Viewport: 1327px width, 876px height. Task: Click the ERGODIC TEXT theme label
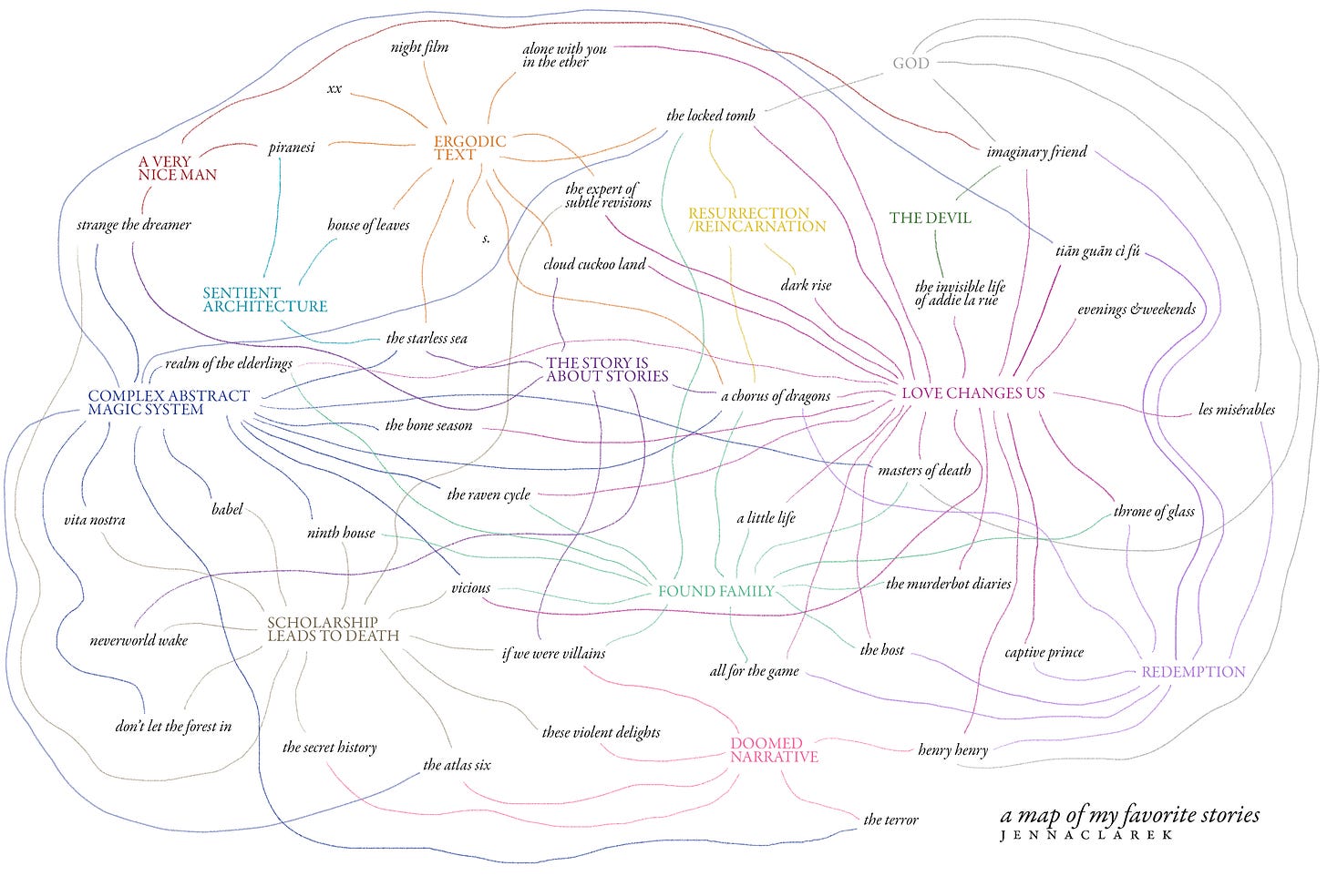pyautogui.click(x=469, y=148)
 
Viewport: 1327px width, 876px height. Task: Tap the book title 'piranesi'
pyautogui.click(x=292, y=148)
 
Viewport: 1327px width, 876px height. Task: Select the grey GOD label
pyautogui.click(x=910, y=63)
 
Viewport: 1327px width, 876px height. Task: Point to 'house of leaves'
pyautogui.click(x=368, y=225)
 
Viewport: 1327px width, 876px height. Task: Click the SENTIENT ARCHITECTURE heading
pyautogui.click(x=264, y=300)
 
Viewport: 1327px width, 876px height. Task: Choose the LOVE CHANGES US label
pyautogui.click(x=972, y=393)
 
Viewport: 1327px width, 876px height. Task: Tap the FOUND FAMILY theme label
pyautogui.click(x=715, y=591)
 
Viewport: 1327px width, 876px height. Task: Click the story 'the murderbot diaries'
pyautogui.click(x=948, y=584)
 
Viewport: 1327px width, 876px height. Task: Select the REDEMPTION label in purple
pyautogui.click(x=1192, y=672)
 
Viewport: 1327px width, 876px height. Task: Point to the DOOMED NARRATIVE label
pyautogui.click(x=774, y=750)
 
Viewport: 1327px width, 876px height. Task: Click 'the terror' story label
pyautogui.click(x=890, y=820)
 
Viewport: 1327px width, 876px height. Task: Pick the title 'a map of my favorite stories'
pyautogui.click(x=1129, y=814)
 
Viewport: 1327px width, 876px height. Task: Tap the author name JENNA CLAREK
pyautogui.click(x=1085, y=835)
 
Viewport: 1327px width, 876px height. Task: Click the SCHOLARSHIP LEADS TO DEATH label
pyautogui.click(x=333, y=629)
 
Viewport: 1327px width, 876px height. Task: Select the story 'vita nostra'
pyautogui.click(x=95, y=520)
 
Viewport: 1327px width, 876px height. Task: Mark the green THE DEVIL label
pyautogui.click(x=930, y=218)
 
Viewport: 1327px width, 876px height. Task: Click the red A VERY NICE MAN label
pyautogui.click(x=177, y=168)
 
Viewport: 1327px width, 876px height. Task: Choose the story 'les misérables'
pyautogui.click(x=1237, y=410)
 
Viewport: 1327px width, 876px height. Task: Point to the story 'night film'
pyautogui.click(x=419, y=47)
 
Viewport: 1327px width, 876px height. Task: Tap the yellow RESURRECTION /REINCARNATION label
pyautogui.click(x=756, y=219)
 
